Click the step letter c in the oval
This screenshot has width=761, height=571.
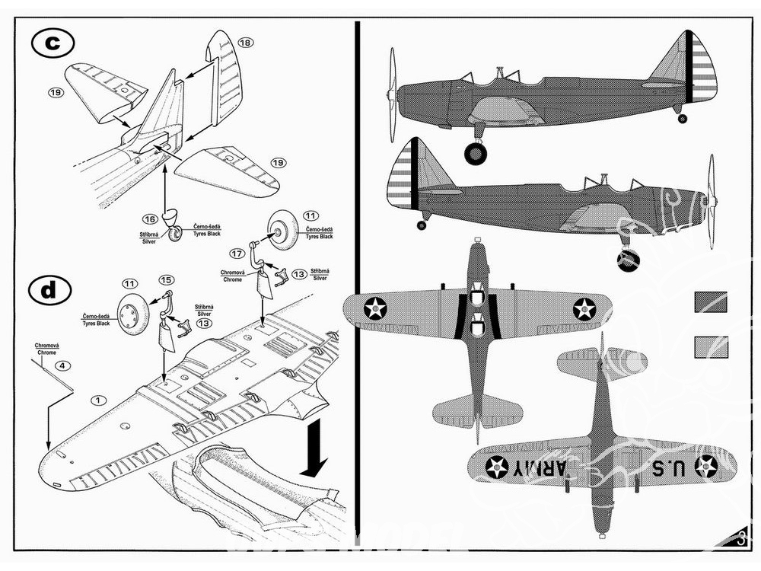pyautogui.click(x=53, y=43)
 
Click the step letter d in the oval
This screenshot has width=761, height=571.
pyautogui.click(x=49, y=289)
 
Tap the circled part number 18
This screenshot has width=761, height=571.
pyautogui.click(x=245, y=43)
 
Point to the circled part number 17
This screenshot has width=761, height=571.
pyautogui.click(x=237, y=253)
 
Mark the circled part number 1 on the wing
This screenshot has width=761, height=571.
pyautogui.click(x=97, y=399)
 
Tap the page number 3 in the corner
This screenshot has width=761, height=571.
pyautogui.click(x=743, y=539)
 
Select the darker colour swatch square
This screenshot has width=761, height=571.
pyautogui.click(x=711, y=301)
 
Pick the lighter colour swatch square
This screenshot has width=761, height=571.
pyautogui.click(x=711, y=347)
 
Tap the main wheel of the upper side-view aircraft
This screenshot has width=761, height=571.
pyautogui.click(x=476, y=153)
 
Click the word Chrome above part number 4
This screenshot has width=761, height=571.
pyautogui.click(x=46, y=352)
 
